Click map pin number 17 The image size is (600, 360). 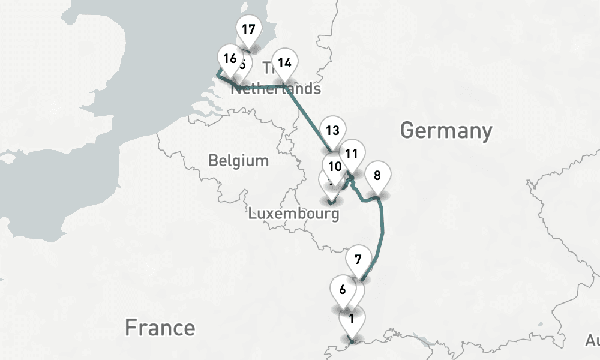[x=247, y=29]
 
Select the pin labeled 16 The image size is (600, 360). [x=229, y=59]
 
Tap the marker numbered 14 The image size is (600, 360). [x=285, y=62]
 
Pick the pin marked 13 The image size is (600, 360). [x=332, y=130]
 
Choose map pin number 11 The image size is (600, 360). [x=352, y=153]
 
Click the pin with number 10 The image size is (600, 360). [x=335, y=166]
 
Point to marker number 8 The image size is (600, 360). [x=377, y=176]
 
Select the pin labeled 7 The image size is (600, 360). [x=358, y=260]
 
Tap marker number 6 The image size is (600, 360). [x=343, y=290]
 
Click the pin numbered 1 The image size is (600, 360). [x=351, y=319]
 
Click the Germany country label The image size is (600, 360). [x=446, y=130]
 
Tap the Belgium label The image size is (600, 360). [x=238, y=161]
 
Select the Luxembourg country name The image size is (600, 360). [x=293, y=213]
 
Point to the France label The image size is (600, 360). [x=160, y=328]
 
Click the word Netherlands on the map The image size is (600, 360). [x=275, y=89]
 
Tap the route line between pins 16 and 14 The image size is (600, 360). [x=258, y=87]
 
